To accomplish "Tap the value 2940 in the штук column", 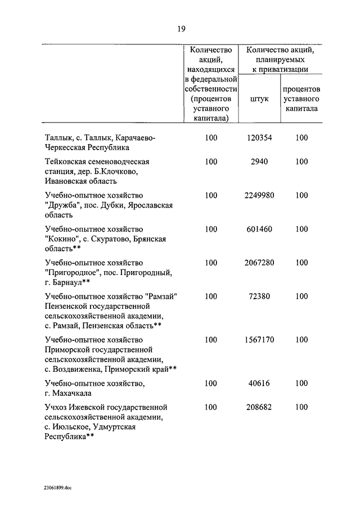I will pyautogui.click(x=259, y=161).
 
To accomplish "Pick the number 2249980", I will pyautogui.click(x=259, y=195).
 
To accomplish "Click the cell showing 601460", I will pyautogui.click(x=259, y=229).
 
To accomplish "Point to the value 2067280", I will pyautogui.click(x=259, y=263).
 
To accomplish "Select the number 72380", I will pyautogui.click(x=259, y=296).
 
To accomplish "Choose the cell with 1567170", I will pyautogui.click(x=259, y=340).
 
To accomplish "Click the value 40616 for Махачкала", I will pyautogui.click(x=259, y=384).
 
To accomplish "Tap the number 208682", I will pyautogui.click(x=259, y=407).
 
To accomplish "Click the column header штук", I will pyautogui.click(x=259, y=98).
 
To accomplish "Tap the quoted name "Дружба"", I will pyautogui.click(x=64, y=205).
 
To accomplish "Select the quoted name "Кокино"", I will pyautogui.click(x=62, y=239).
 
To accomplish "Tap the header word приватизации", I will pyautogui.click(x=280, y=70).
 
